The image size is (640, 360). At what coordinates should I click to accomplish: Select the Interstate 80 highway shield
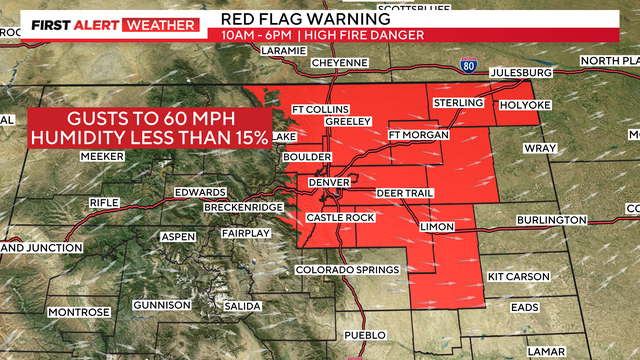469,65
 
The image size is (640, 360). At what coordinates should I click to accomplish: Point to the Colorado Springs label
348,271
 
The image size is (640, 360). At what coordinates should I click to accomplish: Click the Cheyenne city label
341,62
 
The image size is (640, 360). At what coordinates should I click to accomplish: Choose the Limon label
436,227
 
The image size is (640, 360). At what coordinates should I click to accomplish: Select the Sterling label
459,103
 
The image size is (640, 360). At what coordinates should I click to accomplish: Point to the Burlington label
551,220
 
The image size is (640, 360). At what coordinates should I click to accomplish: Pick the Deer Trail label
402,192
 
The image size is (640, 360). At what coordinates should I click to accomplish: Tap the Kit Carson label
516,275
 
